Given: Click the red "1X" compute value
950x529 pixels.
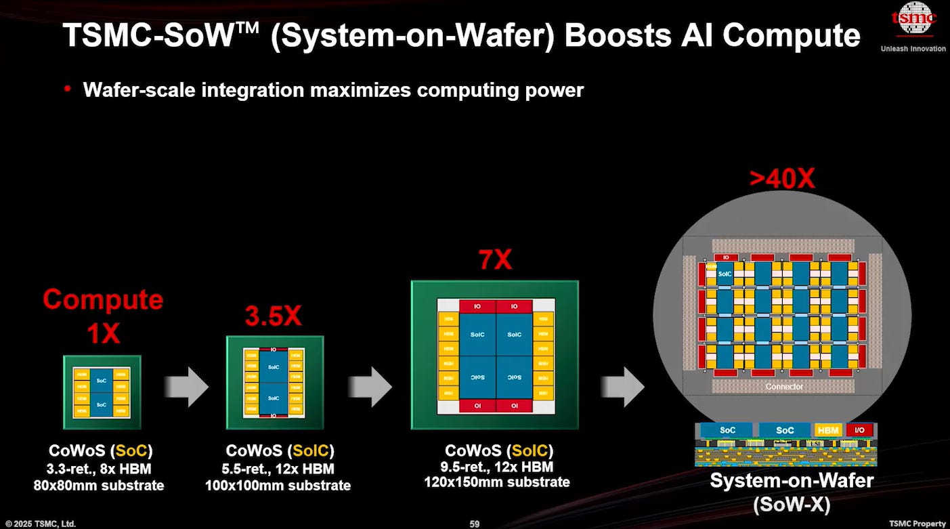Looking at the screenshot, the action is tap(102, 333).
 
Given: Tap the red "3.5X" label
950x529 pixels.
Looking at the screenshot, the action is tap(274, 316).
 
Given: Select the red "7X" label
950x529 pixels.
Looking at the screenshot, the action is tap(494, 259).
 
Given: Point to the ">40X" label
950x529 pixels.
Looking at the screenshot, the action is tap(782, 179).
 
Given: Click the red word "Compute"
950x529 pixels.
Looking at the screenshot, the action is tap(103, 300).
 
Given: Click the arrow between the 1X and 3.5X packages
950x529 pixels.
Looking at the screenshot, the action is tap(187, 387).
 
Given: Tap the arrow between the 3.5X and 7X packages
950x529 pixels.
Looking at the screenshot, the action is tap(370, 387).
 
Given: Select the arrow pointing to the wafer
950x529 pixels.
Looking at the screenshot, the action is tap(622, 387).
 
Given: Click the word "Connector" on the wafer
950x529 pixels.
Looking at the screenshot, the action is tap(785, 387).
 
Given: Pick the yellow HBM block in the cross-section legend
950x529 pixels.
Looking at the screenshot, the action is tap(828, 430).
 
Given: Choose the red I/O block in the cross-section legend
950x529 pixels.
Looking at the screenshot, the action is tap(860, 430).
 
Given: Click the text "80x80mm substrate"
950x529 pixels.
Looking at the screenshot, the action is tap(99, 485).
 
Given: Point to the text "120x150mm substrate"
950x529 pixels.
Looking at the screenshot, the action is tap(497, 482).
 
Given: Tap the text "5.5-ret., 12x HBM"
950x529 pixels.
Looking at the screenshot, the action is tap(279, 469).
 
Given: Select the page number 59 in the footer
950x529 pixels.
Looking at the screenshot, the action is tap(475, 524).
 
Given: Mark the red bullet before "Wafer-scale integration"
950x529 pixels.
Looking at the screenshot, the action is tap(68, 89).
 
